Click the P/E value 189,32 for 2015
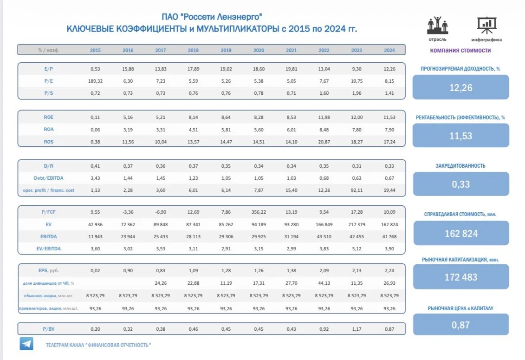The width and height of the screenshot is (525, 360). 95,81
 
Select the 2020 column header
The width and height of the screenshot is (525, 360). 259,50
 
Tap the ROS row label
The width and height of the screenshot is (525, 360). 49,142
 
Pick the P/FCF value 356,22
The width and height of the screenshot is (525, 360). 259,212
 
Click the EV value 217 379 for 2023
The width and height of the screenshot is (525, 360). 356,224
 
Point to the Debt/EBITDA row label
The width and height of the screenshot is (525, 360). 49,178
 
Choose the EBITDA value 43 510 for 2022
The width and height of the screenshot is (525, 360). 324,236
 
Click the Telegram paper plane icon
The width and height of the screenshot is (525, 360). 26,344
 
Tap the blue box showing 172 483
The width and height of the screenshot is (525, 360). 461,277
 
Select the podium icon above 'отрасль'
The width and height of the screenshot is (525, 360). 438,25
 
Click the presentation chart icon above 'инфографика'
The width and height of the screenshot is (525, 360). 486,26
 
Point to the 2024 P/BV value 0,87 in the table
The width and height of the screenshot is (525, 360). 389,329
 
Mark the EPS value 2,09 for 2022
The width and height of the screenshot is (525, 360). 324,270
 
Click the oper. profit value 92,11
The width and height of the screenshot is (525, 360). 356,190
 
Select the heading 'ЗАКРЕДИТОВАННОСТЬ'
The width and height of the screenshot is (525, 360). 460,166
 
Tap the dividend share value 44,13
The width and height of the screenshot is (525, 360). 324,283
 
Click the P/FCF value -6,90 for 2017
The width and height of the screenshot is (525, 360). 161,212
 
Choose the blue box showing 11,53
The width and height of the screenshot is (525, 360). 461,136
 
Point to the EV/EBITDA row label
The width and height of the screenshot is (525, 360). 49,249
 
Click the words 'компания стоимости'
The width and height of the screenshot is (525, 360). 460,50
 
